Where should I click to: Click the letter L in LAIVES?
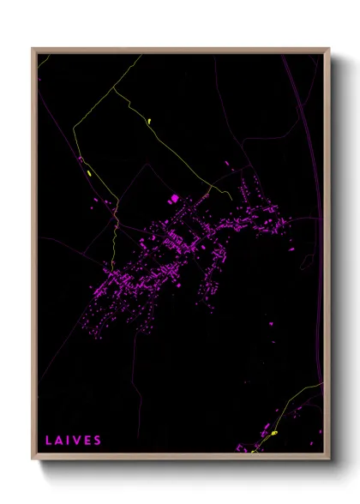49,441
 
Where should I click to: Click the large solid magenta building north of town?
174,199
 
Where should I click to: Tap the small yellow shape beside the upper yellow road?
149,120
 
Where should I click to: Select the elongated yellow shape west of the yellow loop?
89,174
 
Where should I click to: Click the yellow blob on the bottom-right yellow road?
275,434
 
